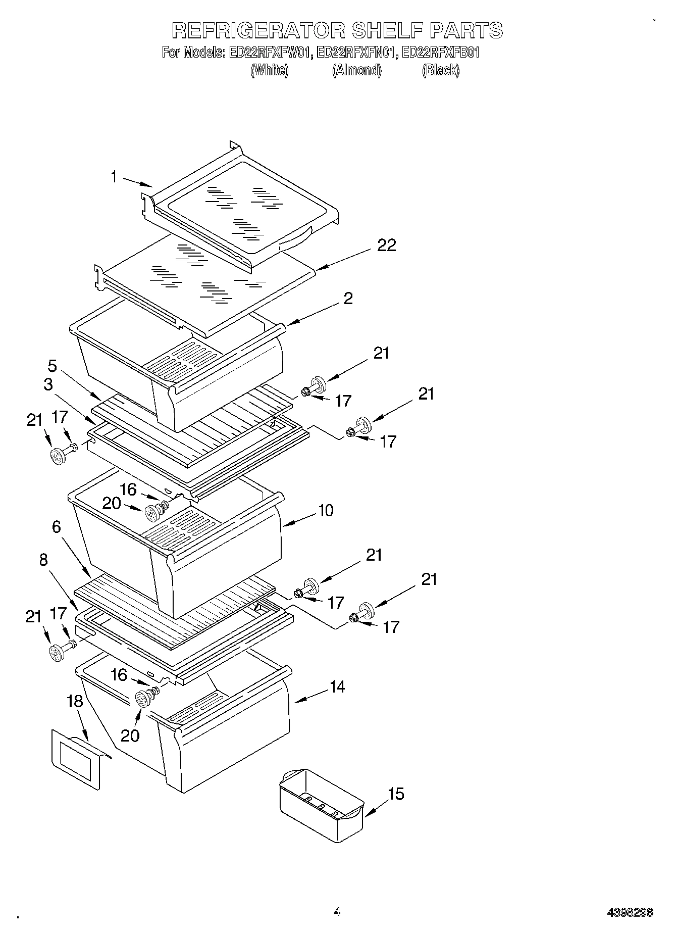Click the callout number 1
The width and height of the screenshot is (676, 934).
pyautogui.click(x=114, y=177)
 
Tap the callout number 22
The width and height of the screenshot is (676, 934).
pyautogui.click(x=386, y=245)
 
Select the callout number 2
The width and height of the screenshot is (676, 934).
pyautogui.click(x=348, y=299)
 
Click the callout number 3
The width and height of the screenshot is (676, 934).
pyautogui.click(x=48, y=385)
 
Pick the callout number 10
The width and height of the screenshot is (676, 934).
pyautogui.click(x=326, y=510)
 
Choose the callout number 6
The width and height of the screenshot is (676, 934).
pyautogui.click(x=56, y=527)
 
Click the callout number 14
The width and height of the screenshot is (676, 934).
pyautogui.click(x=337, y=687)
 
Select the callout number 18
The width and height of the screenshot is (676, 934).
pyautogui.click(x=74, y=702)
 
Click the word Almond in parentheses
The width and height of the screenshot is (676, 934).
pyautogui.click(x=356, y=70)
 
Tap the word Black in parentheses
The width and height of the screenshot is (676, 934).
pyautogui.click(x=441, y=70)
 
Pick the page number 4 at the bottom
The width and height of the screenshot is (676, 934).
pyautogui.click(x=337, y=912)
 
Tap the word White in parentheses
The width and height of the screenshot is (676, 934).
pyautogui.click(x=270, y=70)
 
